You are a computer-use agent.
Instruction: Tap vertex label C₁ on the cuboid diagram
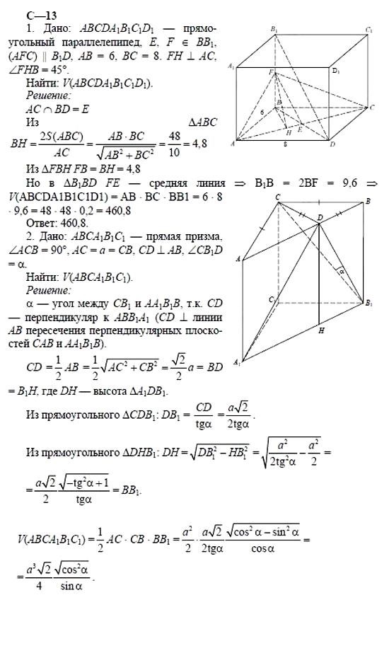369,30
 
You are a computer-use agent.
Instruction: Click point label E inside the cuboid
299,130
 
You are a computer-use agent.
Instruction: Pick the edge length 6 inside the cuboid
261,111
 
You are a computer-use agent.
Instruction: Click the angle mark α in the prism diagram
339,270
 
